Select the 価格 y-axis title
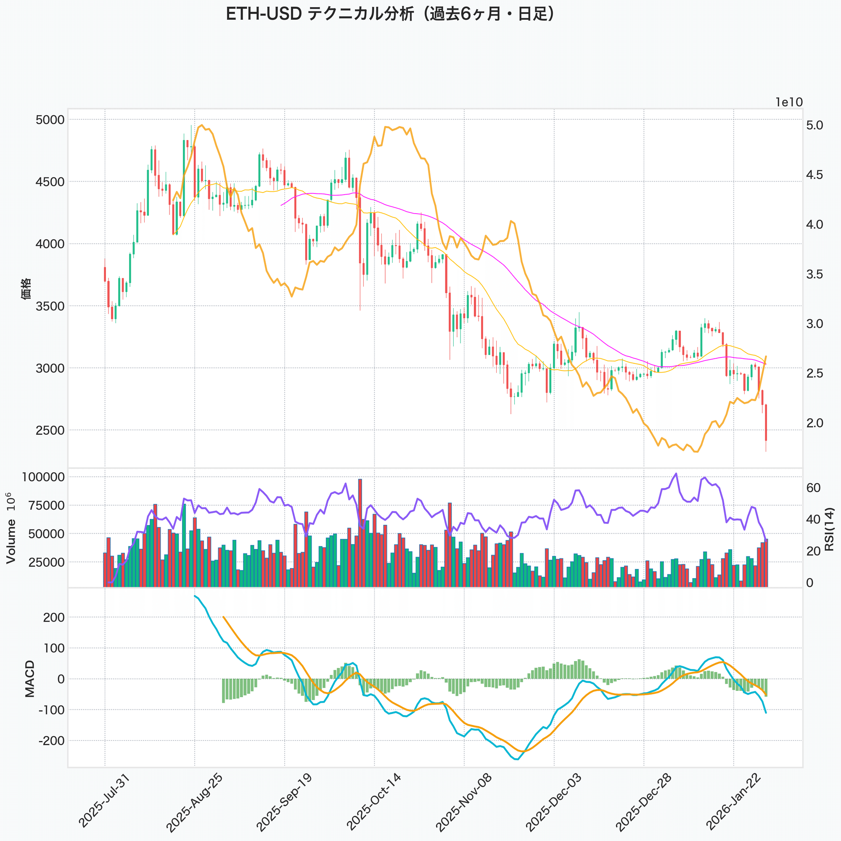pos(26,288)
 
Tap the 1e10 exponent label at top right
pos(789,102)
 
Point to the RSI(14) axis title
pos(829,529)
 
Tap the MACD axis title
pos(29,679)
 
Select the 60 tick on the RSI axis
pos(813,488)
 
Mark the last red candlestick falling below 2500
pos(766,422)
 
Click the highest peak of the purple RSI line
pos(676,473)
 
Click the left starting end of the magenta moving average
pos(281,205)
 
